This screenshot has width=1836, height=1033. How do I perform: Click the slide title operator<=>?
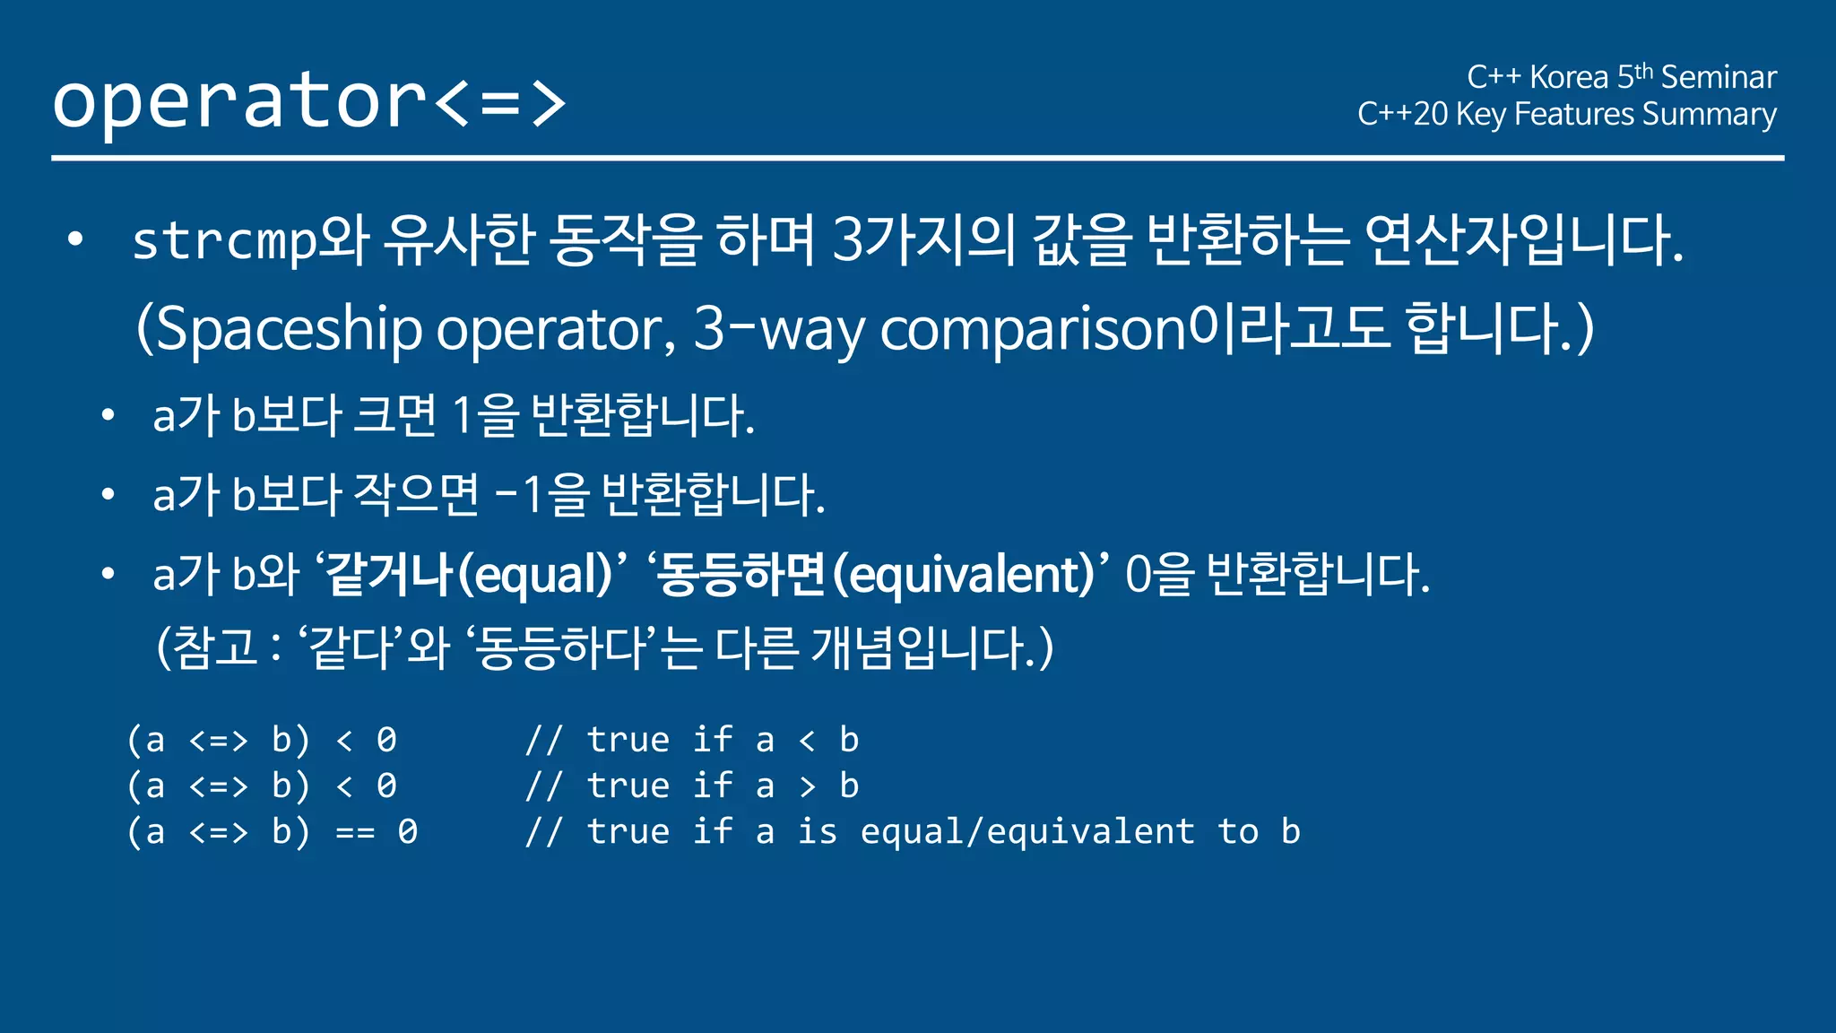tap(309, 100)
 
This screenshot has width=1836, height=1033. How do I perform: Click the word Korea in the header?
tap(1569, 77)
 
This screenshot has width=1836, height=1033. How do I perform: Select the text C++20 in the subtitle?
tap(1402, 114)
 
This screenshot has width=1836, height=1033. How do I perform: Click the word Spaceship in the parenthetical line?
tap(287, 329)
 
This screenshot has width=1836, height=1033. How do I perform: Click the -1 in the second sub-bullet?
tap(519, 494)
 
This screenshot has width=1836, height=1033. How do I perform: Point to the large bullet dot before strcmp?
tap(75, 239)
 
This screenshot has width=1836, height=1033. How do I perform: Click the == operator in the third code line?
tap(355, 832)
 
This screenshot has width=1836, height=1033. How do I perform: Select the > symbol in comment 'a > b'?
tap(807, 786)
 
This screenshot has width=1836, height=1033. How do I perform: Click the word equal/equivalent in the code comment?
tap(1027, 832)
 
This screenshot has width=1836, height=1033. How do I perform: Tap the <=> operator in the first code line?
tap(218, 741)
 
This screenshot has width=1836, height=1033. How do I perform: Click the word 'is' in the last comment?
tap(817, 832)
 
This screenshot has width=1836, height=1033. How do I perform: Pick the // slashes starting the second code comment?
tap(544, 786)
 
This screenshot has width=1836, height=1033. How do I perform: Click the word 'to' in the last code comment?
tap(1238, 832)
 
